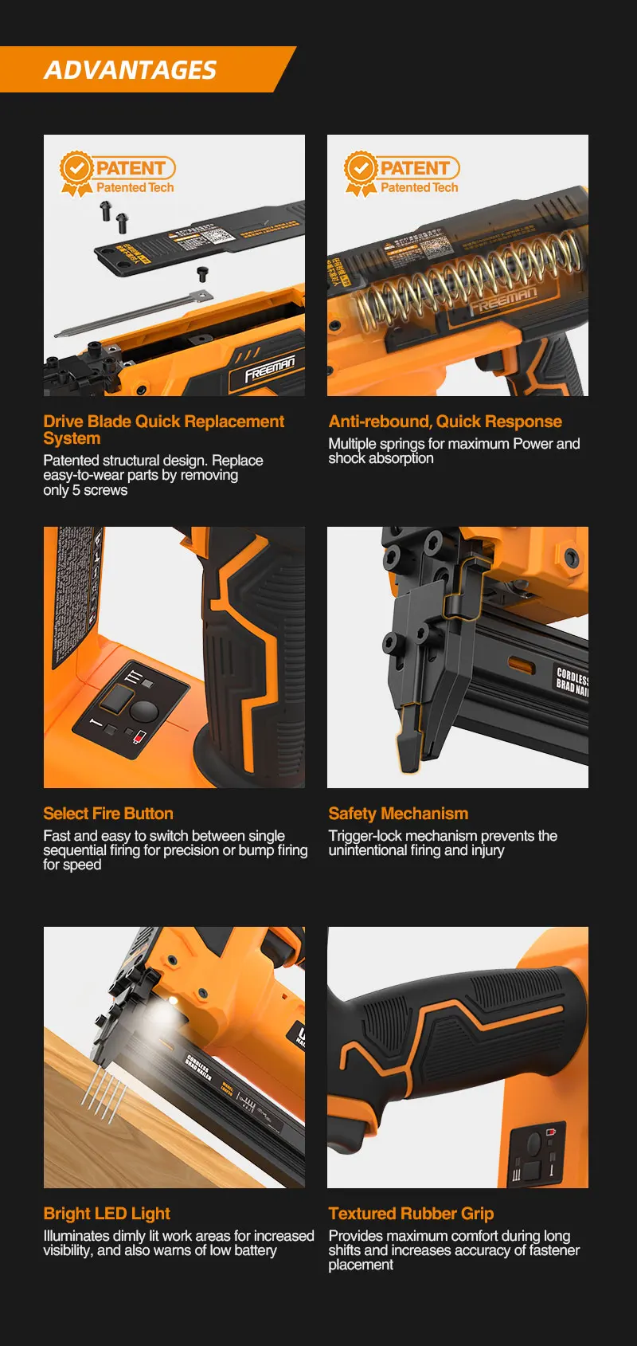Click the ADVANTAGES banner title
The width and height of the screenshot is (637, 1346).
point(130,70)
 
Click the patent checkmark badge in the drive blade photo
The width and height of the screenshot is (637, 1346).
point(76,169)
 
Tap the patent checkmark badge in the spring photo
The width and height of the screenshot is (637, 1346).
point(361,169)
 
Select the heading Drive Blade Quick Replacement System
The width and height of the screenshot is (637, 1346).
point(163,430)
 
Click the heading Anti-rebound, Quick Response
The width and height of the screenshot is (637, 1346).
point(445,422)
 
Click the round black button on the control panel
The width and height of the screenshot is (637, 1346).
point(144,710)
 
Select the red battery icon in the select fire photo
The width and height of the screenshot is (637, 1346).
point(140,736)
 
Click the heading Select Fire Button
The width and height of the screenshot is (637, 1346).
point(108,814)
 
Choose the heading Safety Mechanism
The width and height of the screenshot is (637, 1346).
point(398,814)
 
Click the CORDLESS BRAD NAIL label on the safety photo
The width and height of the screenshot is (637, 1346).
point(572,682)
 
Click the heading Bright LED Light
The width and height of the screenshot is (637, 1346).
point(107,1214)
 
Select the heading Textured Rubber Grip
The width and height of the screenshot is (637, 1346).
point(411,1214)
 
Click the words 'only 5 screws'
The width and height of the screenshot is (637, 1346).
point(85,490)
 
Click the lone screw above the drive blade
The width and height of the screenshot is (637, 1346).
point(203,275)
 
